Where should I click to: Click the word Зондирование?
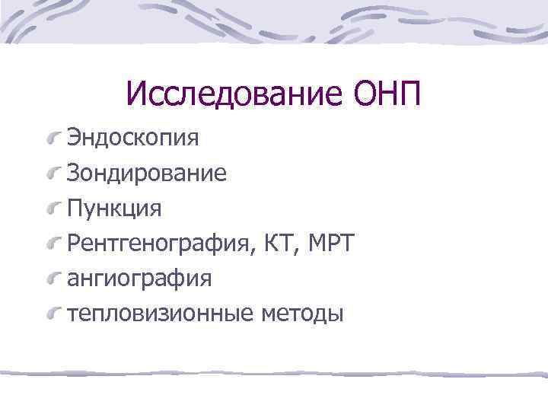point(147,173)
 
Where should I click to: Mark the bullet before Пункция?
point(54,209)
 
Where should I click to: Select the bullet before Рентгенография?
point(54,244)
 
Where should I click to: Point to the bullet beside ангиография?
point(54,279)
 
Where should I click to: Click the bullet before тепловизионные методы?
point(54,314)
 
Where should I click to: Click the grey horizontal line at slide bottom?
point(274,374)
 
